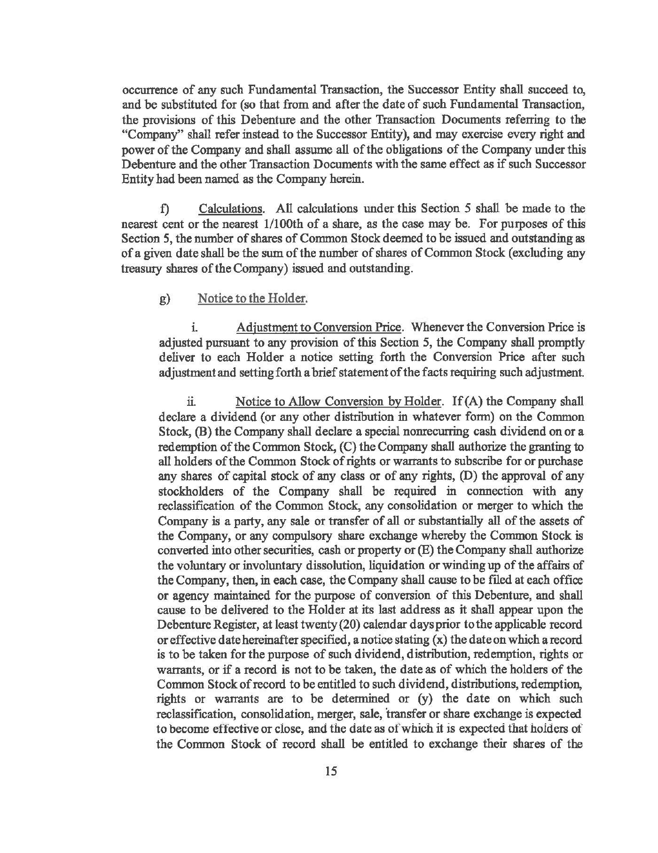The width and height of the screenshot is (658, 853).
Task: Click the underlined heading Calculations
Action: coord(230,208)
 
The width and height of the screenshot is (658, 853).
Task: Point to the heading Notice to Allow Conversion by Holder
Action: coord(338,402)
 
